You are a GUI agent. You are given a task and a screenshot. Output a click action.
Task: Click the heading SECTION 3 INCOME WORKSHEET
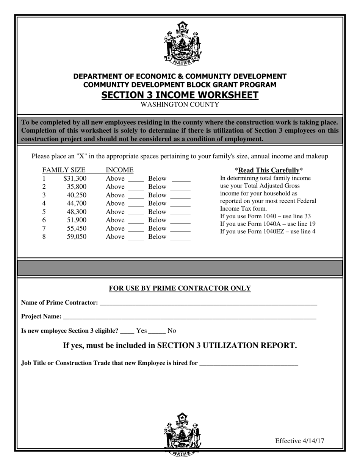pyautogui.click(x=180, y=95)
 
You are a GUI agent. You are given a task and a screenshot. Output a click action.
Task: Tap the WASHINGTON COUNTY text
pyautogui.click(x=180, y=105)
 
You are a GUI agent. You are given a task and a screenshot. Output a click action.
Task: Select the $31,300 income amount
pyautogui.click(x=75, y=178)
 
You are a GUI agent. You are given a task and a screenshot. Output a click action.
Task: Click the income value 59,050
pyautogui.click(x=77, y=237)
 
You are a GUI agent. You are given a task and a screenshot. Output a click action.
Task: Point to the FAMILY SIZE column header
pyautogui.click(x=64, y=170)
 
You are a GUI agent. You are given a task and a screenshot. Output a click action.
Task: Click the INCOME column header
pyautogui.click(x=119, y=170)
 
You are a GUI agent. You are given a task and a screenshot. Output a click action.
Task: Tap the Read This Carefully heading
pyautogui.click(x=269, y=170)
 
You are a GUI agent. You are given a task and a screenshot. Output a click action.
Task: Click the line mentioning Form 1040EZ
pyautogui.click(x=268, y=231)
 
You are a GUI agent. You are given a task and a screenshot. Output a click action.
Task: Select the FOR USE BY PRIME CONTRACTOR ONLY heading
pyautogui.click(x=180, y=288)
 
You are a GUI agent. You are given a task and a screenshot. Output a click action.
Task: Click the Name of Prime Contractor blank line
pyautogui.click(x=208, y=303)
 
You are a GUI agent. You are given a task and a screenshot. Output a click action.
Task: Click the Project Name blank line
pyautogui.click(x=189, y=317)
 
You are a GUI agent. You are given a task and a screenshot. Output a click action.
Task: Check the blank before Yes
pyautogui.click(x=127, y=332)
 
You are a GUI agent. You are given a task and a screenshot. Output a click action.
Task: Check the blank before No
pyautogui.click(x=157, y=332)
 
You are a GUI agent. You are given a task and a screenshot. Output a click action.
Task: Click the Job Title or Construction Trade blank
pyautogui.click(x=249, y=364)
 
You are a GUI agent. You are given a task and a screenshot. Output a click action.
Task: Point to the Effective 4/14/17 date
pyautogui.click(x=299, y=441)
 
